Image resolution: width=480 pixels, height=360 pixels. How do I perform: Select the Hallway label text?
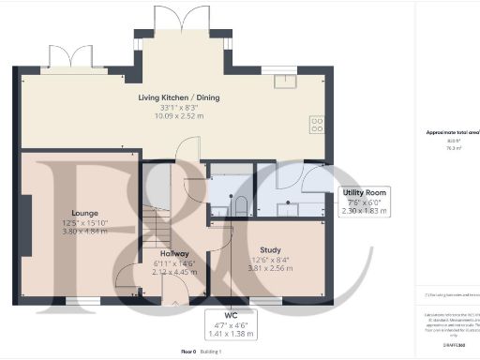[174, 253]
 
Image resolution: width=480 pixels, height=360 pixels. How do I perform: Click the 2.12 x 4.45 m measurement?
[174, 273]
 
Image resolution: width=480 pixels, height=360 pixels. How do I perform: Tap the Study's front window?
[267, 300]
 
